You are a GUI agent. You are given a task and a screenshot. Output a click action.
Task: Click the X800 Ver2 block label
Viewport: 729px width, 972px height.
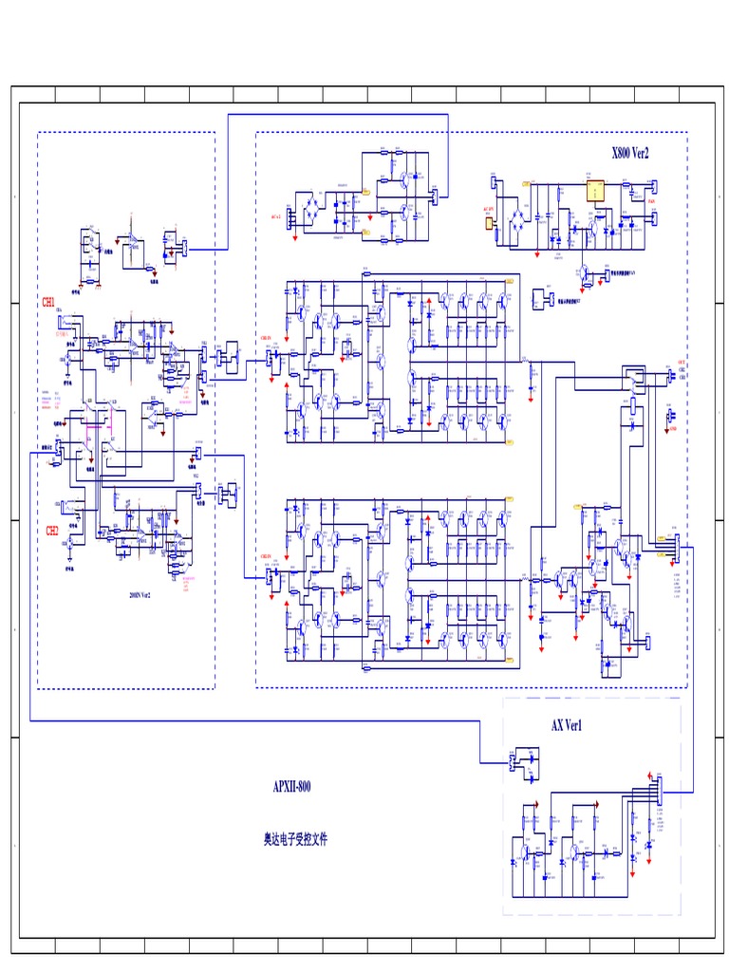[630, 153]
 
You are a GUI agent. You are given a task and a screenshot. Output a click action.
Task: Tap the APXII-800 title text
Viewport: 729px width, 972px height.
[291, 786]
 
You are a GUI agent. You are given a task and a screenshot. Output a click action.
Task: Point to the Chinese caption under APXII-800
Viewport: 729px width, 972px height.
[295, 840]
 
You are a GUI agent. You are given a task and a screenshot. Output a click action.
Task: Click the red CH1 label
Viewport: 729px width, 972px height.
[47, 302]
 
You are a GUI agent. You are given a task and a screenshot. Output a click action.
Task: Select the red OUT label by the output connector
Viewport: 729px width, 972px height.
[681, 363]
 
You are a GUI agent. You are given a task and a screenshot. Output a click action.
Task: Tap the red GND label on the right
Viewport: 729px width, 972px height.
[673, 429]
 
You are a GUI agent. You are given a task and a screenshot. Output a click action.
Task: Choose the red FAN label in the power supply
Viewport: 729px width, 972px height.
[651, 201]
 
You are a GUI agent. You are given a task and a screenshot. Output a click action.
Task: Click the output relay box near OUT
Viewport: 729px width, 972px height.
[631, 379]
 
